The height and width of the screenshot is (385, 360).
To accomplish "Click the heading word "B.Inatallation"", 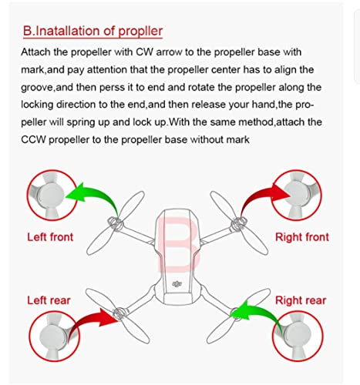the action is coord(62,31).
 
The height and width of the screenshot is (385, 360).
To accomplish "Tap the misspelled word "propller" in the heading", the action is coord(140,32).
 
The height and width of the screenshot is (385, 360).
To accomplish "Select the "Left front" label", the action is coord(50,237).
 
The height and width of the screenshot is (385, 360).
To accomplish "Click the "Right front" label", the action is coord(302,237).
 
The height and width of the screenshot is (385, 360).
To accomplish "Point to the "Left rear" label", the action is coord(49,300).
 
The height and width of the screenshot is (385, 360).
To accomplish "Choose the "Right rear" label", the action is coord(301,300).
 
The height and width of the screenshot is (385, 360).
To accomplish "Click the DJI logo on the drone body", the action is coord(177,283).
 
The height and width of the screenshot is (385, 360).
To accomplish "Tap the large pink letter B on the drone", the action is coord(178,244).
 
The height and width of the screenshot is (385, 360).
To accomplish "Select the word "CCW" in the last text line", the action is coord(33,139).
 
